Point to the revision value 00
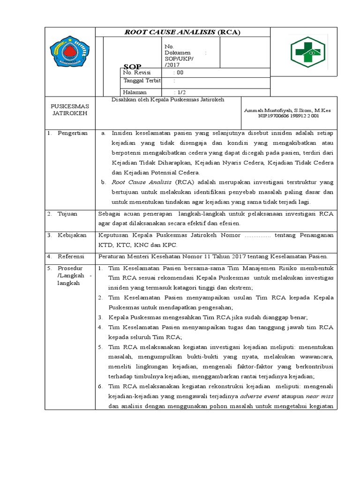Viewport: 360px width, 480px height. (x=180, y=73)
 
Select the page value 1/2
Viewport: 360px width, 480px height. (x=180, y=92)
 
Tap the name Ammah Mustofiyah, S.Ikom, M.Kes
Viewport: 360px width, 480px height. (x=287, y=110)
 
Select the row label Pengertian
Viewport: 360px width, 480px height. (x=73, y=133)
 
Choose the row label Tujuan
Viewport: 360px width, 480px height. (x=67, y=213)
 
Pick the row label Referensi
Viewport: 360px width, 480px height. (x=71, y=256)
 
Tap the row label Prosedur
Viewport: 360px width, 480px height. (x=70, y=268)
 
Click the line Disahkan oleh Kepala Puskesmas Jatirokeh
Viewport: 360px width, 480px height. (x=167, y=99)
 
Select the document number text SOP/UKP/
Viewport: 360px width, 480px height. (x=177, y=59)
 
